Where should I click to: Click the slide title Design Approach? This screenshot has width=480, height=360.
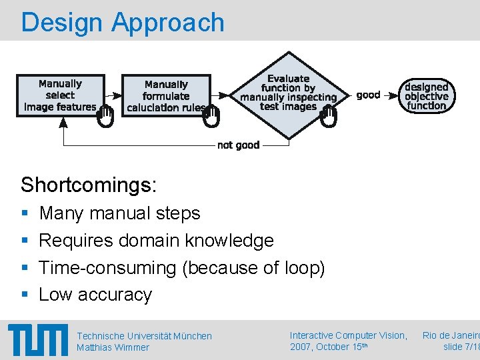(x=123, y=22)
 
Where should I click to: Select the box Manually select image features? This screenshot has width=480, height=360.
(x=60, y=95)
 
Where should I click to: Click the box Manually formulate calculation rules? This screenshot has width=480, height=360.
(x=166, y=95)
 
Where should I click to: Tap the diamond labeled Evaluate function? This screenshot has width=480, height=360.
(x=289, y=93)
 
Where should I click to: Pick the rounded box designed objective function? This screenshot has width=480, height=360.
(x=426, y=96)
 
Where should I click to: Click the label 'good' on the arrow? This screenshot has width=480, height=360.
(x=368, y=95)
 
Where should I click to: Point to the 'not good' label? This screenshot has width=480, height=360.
(x=238, y=145)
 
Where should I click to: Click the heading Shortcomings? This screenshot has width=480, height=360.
(x=89, y=185)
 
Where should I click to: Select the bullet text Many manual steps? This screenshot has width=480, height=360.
(x=119, y=213)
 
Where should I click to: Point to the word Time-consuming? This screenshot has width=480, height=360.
(x=107, y=267)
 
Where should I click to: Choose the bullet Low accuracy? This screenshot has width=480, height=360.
(x=95, y=295)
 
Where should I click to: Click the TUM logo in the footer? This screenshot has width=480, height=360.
(x=38, y=341)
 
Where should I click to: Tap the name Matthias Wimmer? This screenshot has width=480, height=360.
(x=113, y=347)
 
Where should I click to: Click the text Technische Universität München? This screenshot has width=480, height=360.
(x=144, y=336)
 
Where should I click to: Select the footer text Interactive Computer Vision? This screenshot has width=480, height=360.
(x=348, y=335)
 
